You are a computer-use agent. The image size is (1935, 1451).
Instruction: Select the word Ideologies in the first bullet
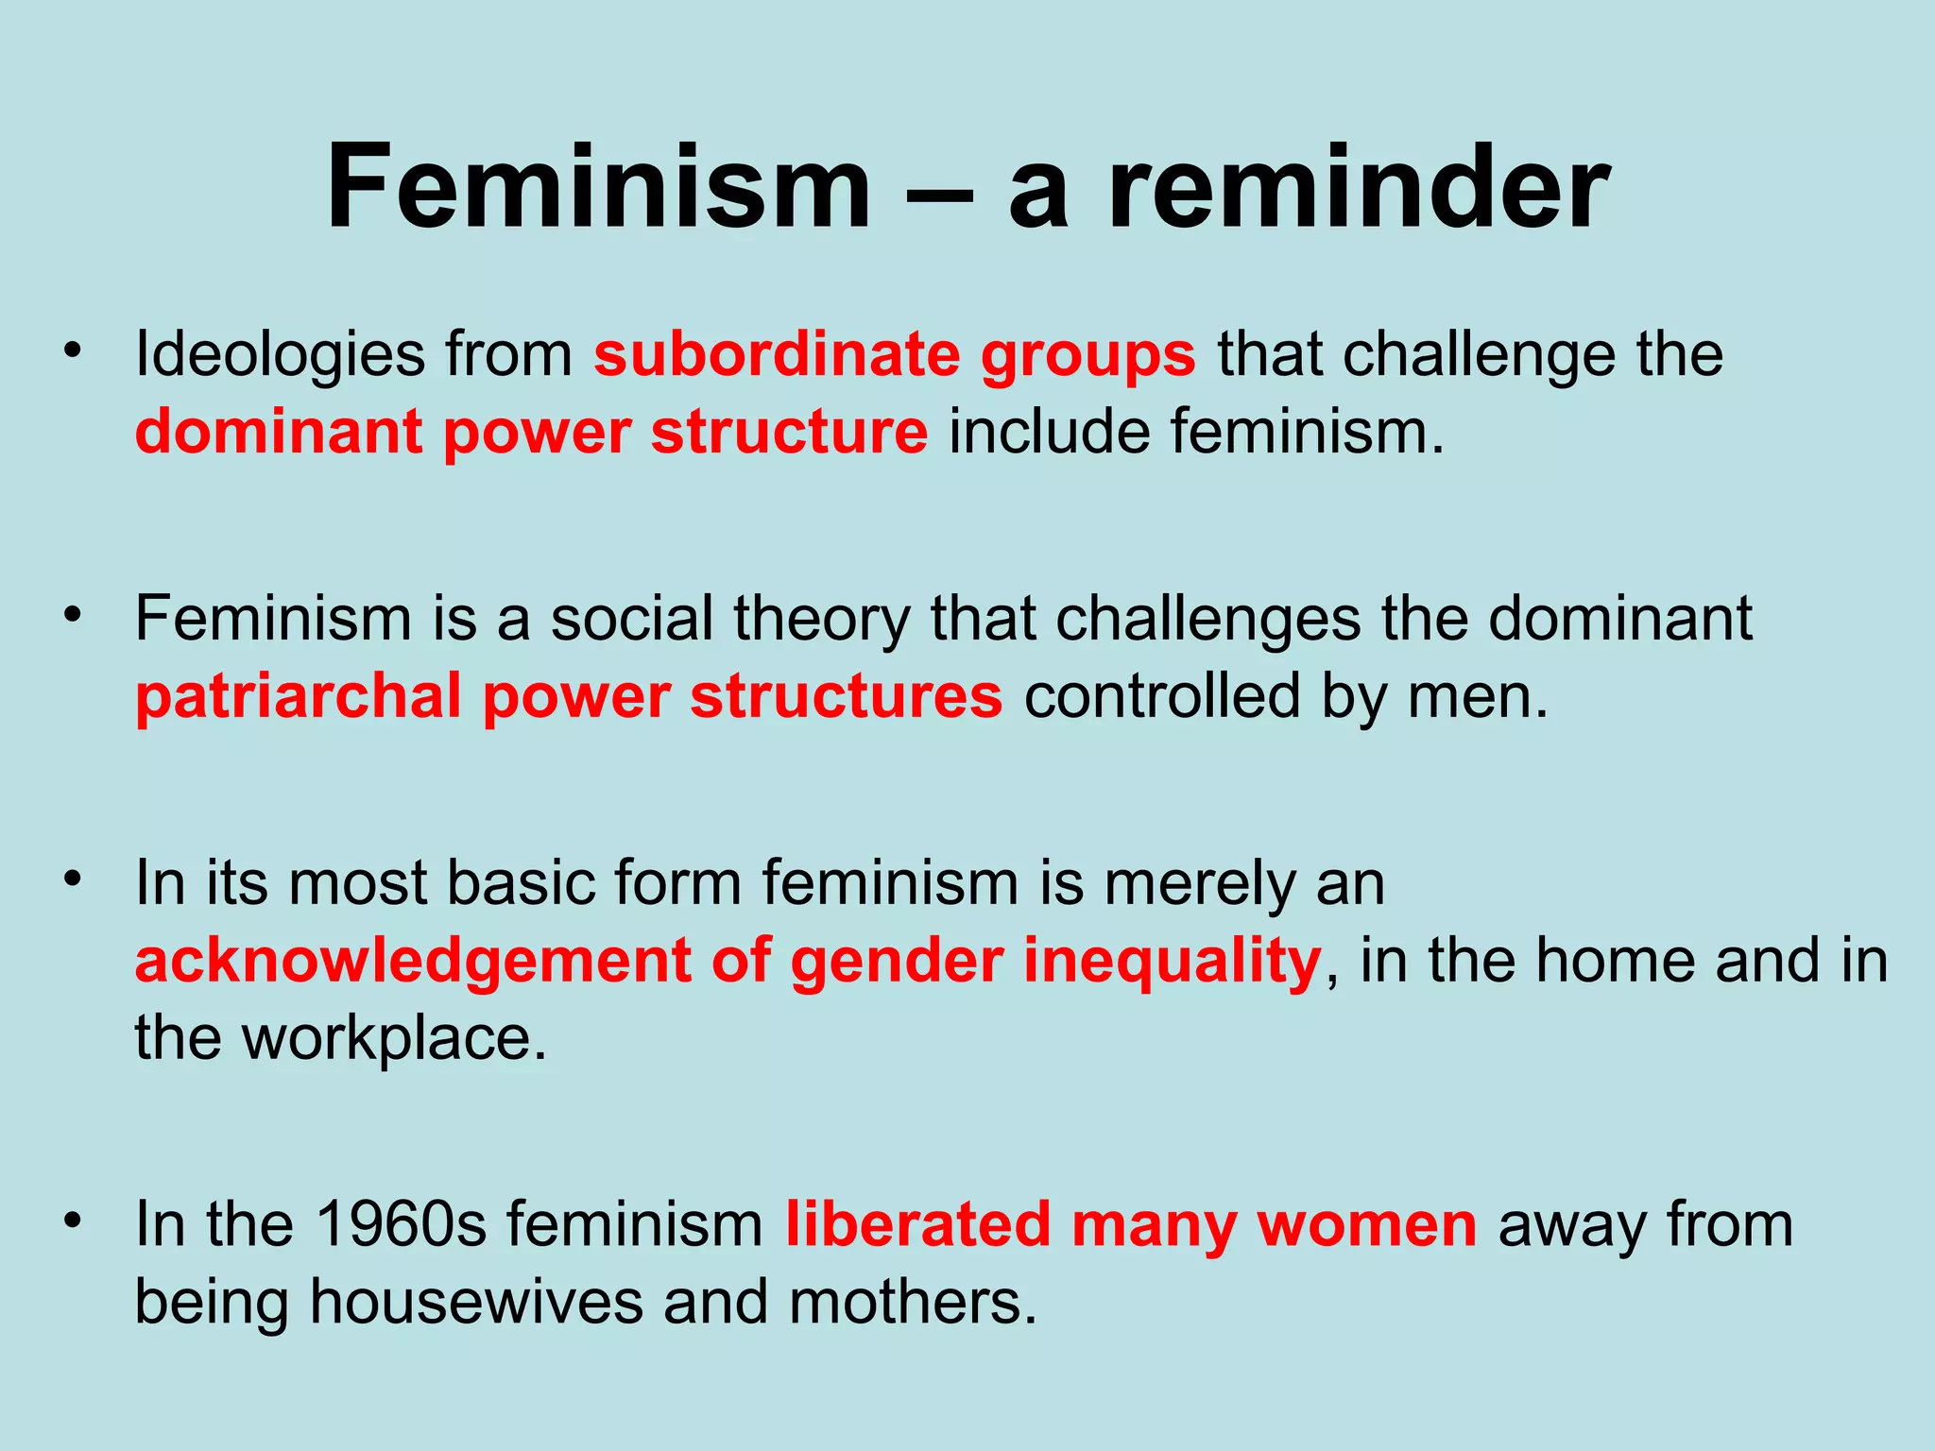pyautogui.click(x=280, y=356)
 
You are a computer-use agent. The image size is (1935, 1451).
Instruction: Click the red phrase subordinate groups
pyautogui.click(x=894, y=356)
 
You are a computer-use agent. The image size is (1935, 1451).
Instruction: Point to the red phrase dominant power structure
pyautogui.click(x=531, y=433)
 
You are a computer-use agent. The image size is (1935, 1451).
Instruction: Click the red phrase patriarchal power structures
pyautogui.click(x=568, y=697)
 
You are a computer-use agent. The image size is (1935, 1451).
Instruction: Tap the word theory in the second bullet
pyautogui.click(x=821, y=621)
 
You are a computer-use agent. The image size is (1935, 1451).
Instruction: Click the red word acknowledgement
pyautogui.click(x=412, y=961)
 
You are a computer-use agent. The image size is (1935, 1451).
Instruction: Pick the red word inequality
pyautogui.click(x=1172, y=961)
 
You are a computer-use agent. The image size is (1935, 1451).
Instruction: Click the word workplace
pyautogui.click(x=393, y=1038)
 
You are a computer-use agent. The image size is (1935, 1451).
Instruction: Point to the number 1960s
pyautogui.click(x=401, y=1225)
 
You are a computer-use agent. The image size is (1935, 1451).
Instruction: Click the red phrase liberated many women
pyautogui.click(x=1130, y=1225)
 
